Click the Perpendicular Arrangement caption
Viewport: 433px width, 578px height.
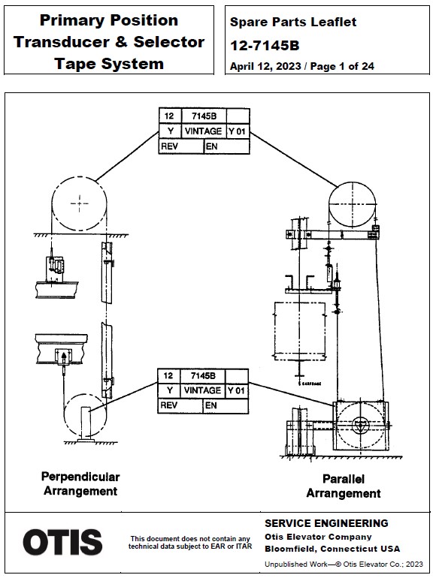pos(80,483)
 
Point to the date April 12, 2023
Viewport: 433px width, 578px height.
pos(265,66)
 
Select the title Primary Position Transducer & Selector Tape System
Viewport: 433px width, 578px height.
pos(109,41)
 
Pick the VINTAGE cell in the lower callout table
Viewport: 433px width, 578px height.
pos(202,391)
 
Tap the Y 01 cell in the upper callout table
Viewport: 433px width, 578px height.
pos(238,131)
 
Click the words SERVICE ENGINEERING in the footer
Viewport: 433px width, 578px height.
pos(326,523)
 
